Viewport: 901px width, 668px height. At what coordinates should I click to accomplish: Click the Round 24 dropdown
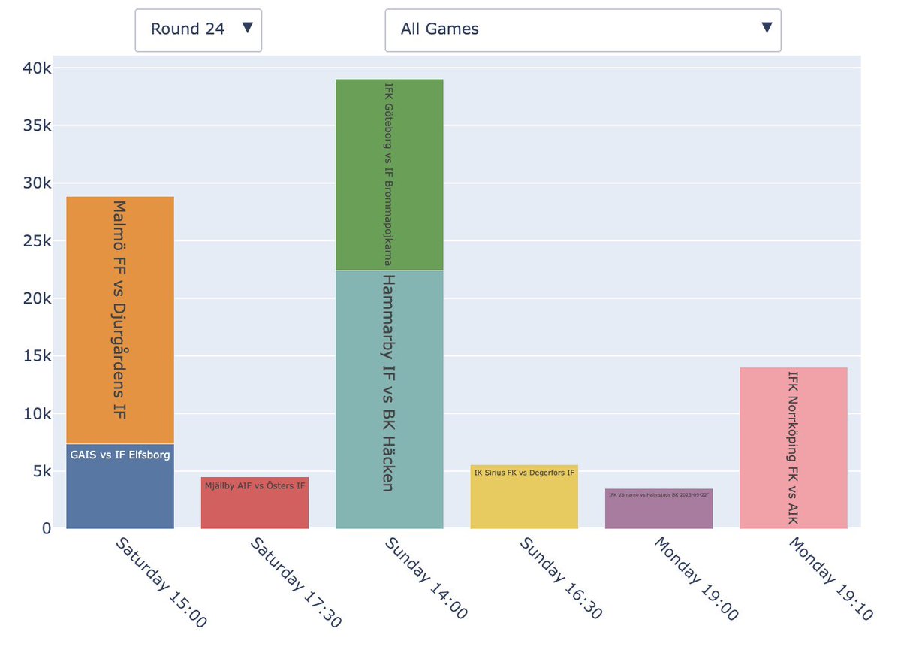tap(197, 30)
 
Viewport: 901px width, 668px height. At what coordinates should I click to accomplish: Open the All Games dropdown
tap(583, 30)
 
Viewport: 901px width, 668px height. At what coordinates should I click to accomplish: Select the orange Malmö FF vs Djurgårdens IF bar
tap(120, 319)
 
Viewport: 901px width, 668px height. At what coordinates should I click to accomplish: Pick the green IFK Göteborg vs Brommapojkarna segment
tap(389, 174)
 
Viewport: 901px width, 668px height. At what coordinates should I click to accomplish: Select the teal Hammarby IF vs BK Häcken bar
tap(389, 398)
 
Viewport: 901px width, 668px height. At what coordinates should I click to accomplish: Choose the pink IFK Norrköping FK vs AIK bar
tap(793, 448)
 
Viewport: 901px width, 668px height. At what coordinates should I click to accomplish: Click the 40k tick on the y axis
tap(37, 68)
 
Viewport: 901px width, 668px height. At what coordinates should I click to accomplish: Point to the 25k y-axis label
tap(37, 241)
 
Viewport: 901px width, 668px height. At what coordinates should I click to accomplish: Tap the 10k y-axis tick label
tap(37, 414)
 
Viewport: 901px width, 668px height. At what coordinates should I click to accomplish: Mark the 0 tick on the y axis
tap(46, 529)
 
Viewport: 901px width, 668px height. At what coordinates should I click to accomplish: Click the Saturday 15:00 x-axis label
tap(160, 582)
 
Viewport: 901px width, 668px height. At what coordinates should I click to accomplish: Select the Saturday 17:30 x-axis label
tap(295, 582)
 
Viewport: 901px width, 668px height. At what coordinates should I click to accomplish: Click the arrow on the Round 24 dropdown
tap(248, 29)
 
